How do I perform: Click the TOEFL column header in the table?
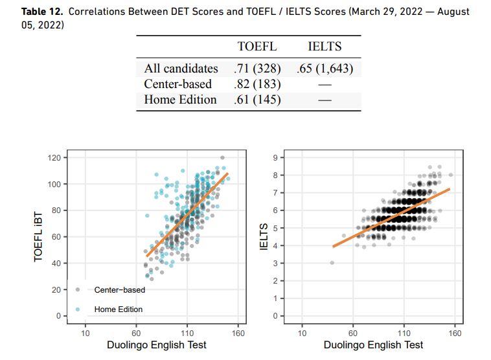click(257, 47)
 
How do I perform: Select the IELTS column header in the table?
click(325, 47)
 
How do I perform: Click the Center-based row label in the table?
click(177, 84)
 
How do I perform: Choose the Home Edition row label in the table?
click(180, 100)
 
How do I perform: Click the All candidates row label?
click(181, 68)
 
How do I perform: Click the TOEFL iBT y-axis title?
click(39, 236)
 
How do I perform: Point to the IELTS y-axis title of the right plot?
click(264, 236)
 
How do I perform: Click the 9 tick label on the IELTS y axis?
click(275, 158)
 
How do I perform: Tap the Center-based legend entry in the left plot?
click(120, 290)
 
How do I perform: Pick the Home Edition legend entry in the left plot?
click(118, 309)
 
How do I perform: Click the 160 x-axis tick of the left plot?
click(239, 333)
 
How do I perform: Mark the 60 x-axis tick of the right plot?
click(354, 333)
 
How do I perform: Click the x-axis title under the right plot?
click(374, 346)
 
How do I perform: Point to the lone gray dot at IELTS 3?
click(332, 263)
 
